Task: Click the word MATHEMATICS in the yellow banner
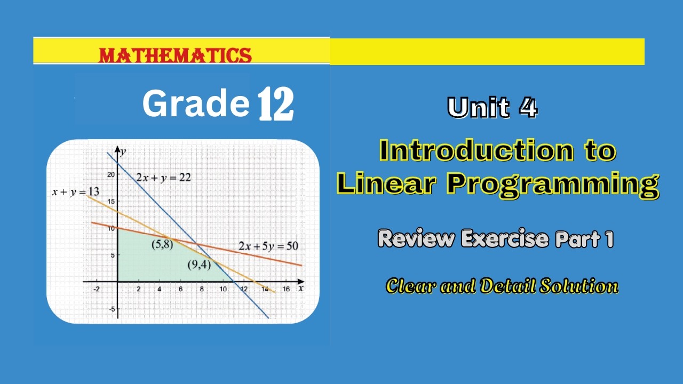point(175,55)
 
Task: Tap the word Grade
point(196,103)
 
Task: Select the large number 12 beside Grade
point(275,105)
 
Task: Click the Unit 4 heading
point(492,107)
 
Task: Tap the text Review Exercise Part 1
point(496,239)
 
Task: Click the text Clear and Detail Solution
point(502,286)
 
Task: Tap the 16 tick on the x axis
point(286,290)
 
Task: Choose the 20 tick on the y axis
point(111,174)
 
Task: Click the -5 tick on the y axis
point(111,309)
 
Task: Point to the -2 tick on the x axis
point(97,290)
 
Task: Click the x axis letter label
point(301,289)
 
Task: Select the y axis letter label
point(123,152)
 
